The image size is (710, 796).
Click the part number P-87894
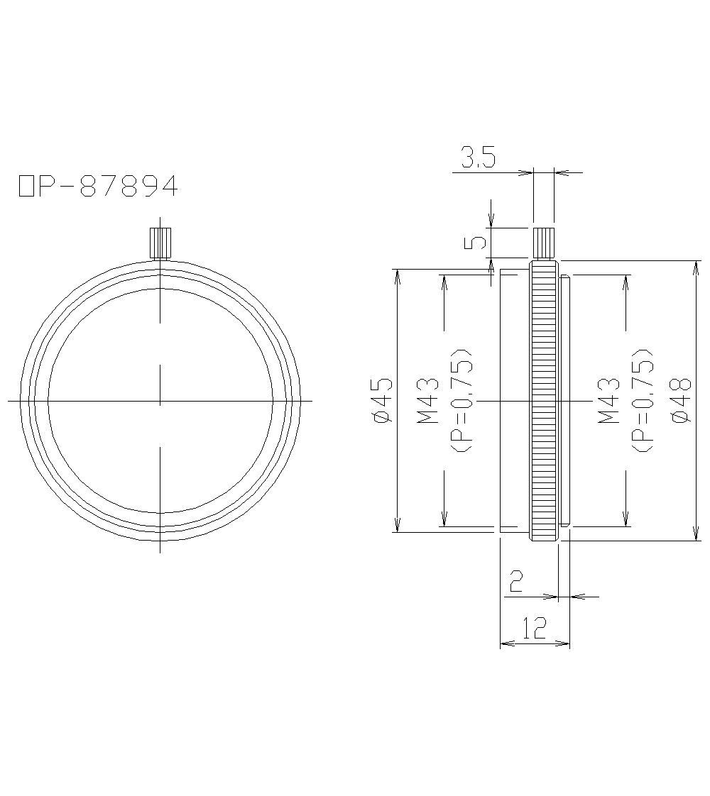[106, 186]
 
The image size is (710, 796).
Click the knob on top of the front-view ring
[160, 243]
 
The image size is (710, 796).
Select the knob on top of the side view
[544, 243]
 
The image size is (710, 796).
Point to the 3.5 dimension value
[477, 157]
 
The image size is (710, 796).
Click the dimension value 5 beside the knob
[479, 243]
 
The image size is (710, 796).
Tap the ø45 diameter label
[381, 401]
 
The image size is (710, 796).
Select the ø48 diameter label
[680, 401]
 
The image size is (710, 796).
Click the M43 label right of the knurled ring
[609, 401]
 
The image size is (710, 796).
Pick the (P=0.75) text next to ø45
[462, 401]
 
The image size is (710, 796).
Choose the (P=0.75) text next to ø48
[643, 401]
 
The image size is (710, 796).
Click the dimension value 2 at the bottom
[516, 582]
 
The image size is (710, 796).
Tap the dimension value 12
[534, 628]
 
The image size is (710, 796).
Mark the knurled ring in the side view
[544, 401]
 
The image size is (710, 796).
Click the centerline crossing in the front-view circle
[160, 401]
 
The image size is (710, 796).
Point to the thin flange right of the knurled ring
[564, 401]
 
